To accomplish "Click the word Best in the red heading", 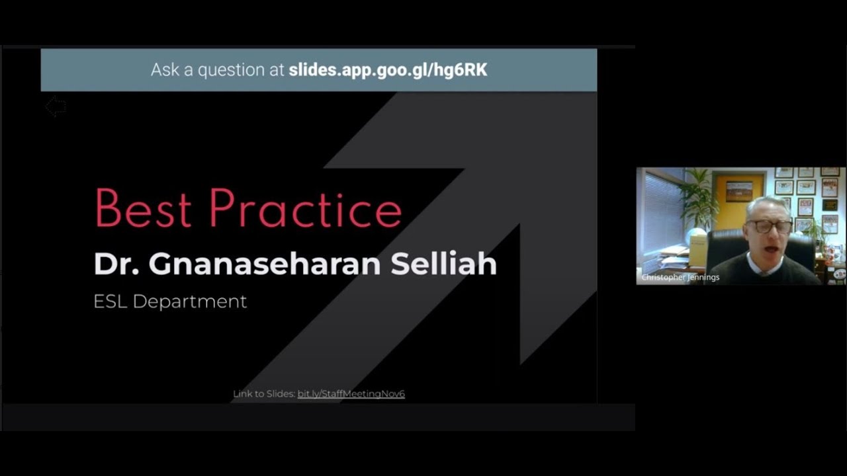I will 143,208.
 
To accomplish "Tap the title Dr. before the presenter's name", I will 115,264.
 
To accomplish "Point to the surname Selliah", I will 443,264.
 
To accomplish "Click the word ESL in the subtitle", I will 110,301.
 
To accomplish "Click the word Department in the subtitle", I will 189,301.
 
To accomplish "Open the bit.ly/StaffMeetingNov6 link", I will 351,394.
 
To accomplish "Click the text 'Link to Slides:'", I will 263,394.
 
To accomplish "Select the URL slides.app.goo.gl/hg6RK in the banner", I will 388,69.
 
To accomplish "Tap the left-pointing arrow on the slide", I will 56,106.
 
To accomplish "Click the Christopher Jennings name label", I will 680,278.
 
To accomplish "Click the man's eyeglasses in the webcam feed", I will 769,227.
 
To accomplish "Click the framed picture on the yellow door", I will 739,191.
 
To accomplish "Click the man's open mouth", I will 770,247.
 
